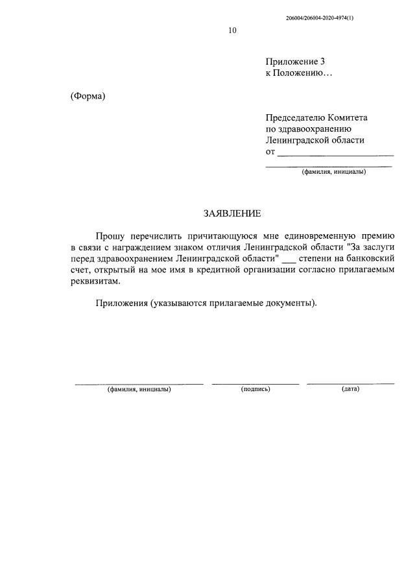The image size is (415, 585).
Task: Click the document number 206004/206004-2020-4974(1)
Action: coord(319,18)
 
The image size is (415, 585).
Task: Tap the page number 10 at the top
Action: coord(232,30)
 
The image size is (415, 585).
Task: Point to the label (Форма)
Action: coord(88,96)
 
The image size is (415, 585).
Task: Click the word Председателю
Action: coord(294,118)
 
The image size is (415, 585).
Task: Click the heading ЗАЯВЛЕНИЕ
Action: coord(232,213)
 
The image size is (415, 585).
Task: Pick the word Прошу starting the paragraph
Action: coord(111,236)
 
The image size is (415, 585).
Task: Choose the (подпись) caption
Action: coord(255,389)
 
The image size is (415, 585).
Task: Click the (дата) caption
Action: coord(350,389)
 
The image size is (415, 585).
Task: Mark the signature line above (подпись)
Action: coord(255,383)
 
